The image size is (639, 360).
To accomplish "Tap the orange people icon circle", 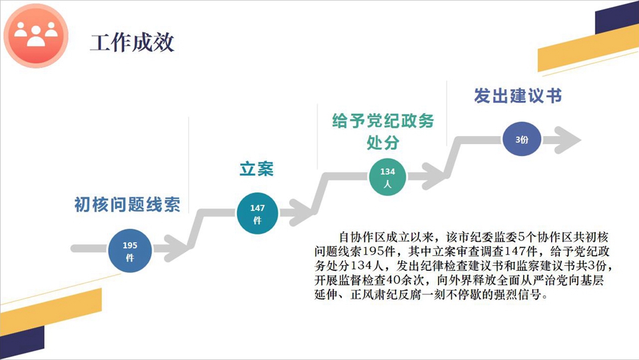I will coord(35,37).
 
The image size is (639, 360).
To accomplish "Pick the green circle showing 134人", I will coord(388,177).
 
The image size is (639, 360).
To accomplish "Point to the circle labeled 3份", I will coord(522,140).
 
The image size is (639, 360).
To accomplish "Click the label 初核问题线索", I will coord(127,205).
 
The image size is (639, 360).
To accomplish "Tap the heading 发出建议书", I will coord(517,97).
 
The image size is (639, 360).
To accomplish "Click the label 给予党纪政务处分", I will coord(383,131).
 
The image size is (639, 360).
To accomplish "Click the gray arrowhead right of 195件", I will coord(172,248).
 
